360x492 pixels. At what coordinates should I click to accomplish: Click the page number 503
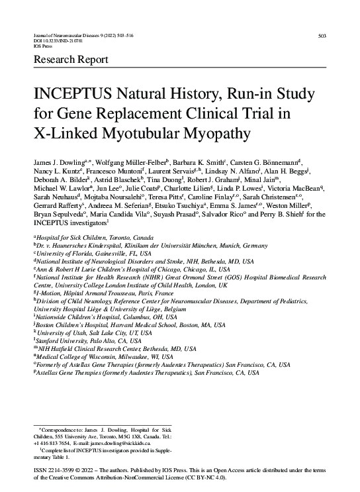tap(323, 35)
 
